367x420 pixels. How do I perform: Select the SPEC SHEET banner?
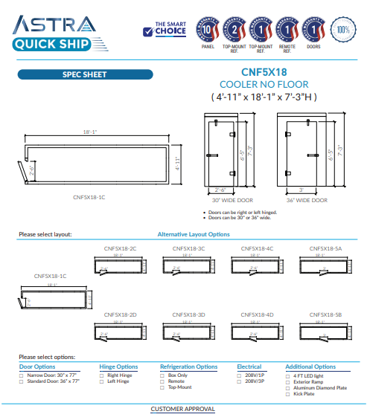[x=84, y=74]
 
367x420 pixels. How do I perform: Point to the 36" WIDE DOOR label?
[x=307, y=200]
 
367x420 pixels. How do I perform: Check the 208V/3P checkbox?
[x=239, y=381]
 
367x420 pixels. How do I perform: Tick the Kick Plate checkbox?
[x=287, y=393]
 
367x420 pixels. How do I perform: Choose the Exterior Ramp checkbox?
[x=287, y=382]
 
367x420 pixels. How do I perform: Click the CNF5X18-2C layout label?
[x=120, y=248]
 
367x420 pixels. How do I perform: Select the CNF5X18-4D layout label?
[x=257, y=314]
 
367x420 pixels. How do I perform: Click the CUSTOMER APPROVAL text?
[x=182, y=409]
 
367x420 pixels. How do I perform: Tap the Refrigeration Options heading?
[x=188, y=366]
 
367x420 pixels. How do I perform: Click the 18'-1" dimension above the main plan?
[x=90, y=132]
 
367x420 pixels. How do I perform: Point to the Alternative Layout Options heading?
[x=194, y=234]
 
